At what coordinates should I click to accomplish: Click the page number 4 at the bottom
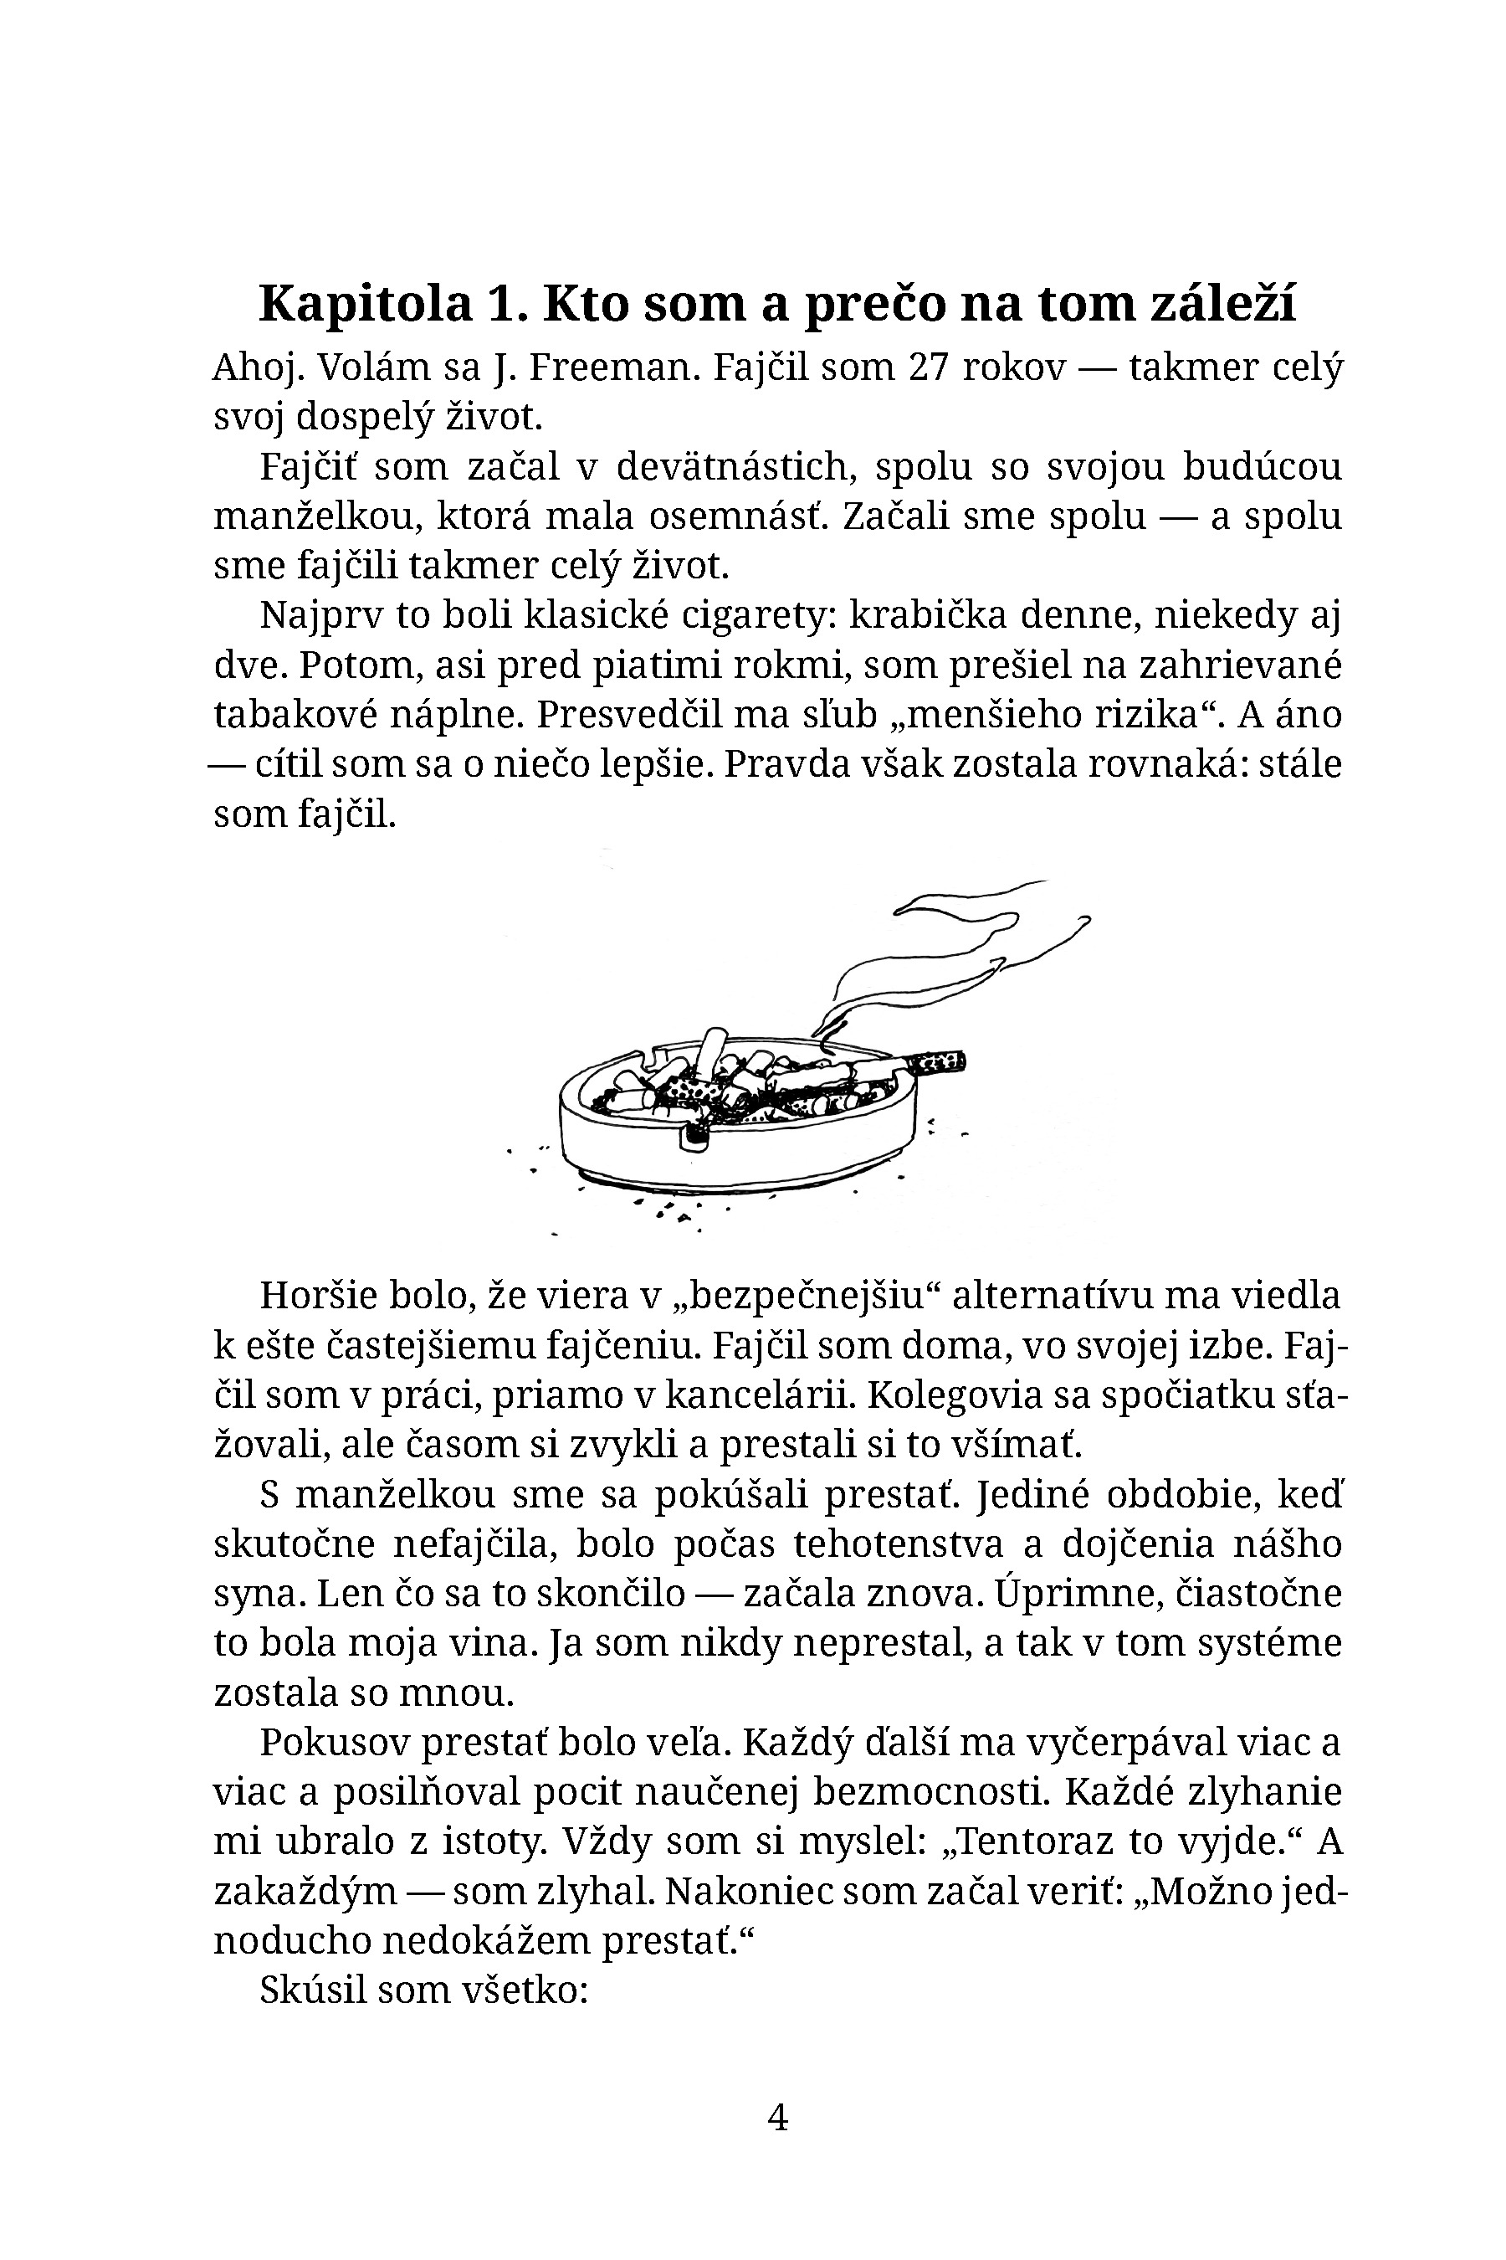point(778,2117)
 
